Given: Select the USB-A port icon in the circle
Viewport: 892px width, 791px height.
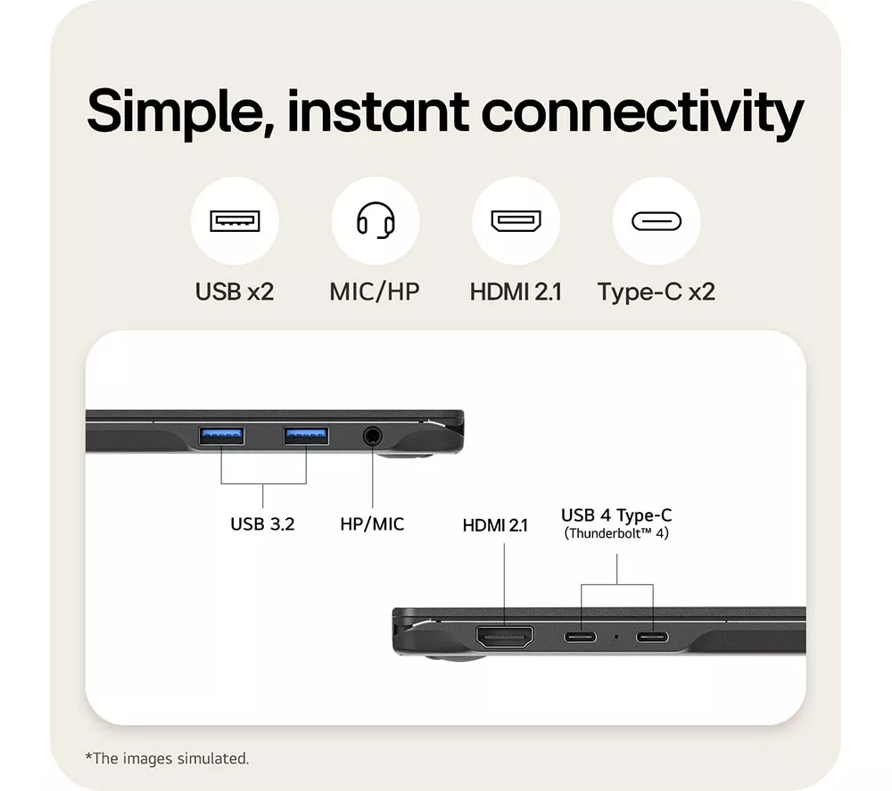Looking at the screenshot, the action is (x=235, y=220).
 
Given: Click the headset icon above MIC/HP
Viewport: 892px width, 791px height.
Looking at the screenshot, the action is (x=376, y=220).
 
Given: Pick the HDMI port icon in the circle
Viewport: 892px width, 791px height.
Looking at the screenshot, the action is (x=516, y=220).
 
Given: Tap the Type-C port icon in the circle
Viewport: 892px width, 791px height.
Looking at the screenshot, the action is (x=657, y=221).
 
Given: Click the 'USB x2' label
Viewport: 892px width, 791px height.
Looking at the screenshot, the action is (x=235, y=292).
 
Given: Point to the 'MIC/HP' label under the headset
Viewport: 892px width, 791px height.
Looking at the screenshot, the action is (x=375, y=292).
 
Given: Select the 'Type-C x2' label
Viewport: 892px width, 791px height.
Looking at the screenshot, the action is (x=657, y=293).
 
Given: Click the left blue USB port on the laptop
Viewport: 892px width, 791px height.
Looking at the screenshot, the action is (x=221, y=436).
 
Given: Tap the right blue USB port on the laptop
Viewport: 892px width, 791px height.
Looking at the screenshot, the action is (x=306, y=436).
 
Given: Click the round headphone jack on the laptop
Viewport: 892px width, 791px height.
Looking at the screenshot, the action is (x=373, y=437).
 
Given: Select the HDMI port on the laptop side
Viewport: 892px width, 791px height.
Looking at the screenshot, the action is (x=505, y=637).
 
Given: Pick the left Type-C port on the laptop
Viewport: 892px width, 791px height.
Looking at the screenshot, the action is (x=581, y=637).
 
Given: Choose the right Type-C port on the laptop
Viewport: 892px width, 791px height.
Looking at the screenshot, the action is (x=652, y=637).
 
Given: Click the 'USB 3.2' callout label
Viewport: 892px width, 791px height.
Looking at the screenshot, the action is (x=262, y=523).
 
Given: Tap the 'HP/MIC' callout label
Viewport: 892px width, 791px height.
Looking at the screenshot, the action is (x=372, y=523).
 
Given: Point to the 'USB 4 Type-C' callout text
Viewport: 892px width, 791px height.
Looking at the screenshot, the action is (x=616, y=515).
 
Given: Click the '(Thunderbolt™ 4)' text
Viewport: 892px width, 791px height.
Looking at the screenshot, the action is (x=616, y=533).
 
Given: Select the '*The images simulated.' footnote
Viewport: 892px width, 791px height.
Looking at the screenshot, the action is (x=167, y=759).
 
